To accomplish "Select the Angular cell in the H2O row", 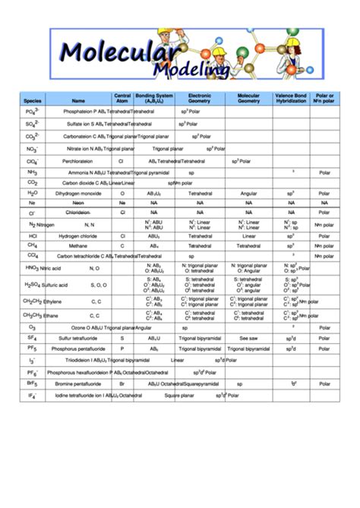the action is pos(248,194).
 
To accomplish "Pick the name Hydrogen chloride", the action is pos(78,236).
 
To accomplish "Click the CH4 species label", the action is pos(33,246).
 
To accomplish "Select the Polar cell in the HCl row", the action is pos(324,236).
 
